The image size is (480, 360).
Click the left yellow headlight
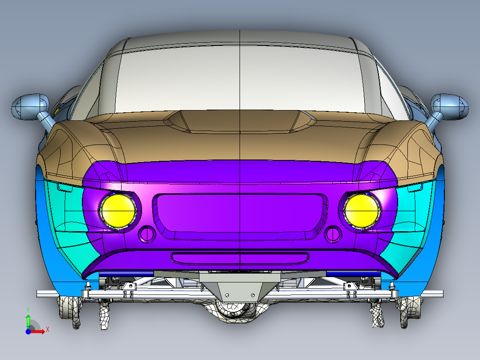tap(118, 210)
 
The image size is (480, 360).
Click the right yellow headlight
tap(361, 210)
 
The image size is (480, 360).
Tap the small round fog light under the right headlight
tap(333, 233)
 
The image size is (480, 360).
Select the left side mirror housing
tap(29, 106)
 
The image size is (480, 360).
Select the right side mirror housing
tap(450, 106)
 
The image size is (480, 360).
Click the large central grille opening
tap(240, 213)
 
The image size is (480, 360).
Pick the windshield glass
tap(240, 80)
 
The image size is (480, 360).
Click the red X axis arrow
tap(41, 331)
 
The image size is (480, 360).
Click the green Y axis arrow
tap(28, 320)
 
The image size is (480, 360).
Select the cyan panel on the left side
tap(69, 223)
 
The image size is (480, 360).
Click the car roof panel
tap(240, 42)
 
